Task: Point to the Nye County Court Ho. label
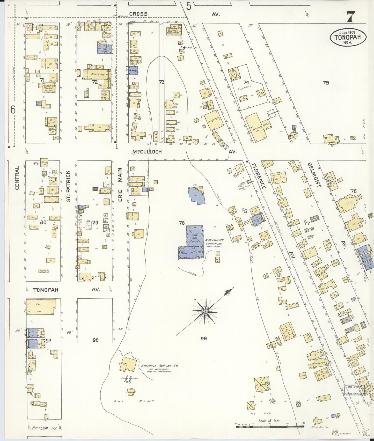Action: [x=215, y=242]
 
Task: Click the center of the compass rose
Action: [x=205, y=311]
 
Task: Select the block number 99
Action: [x=203, y=338]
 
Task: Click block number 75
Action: [x=326, y=83]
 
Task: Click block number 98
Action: [x=96, y=340]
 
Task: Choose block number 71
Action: [x=42, y=80]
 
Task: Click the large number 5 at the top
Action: [x=189, y=6]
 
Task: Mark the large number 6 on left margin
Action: [x=13, y=109]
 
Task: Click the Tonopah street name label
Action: [x=46, y=290]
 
